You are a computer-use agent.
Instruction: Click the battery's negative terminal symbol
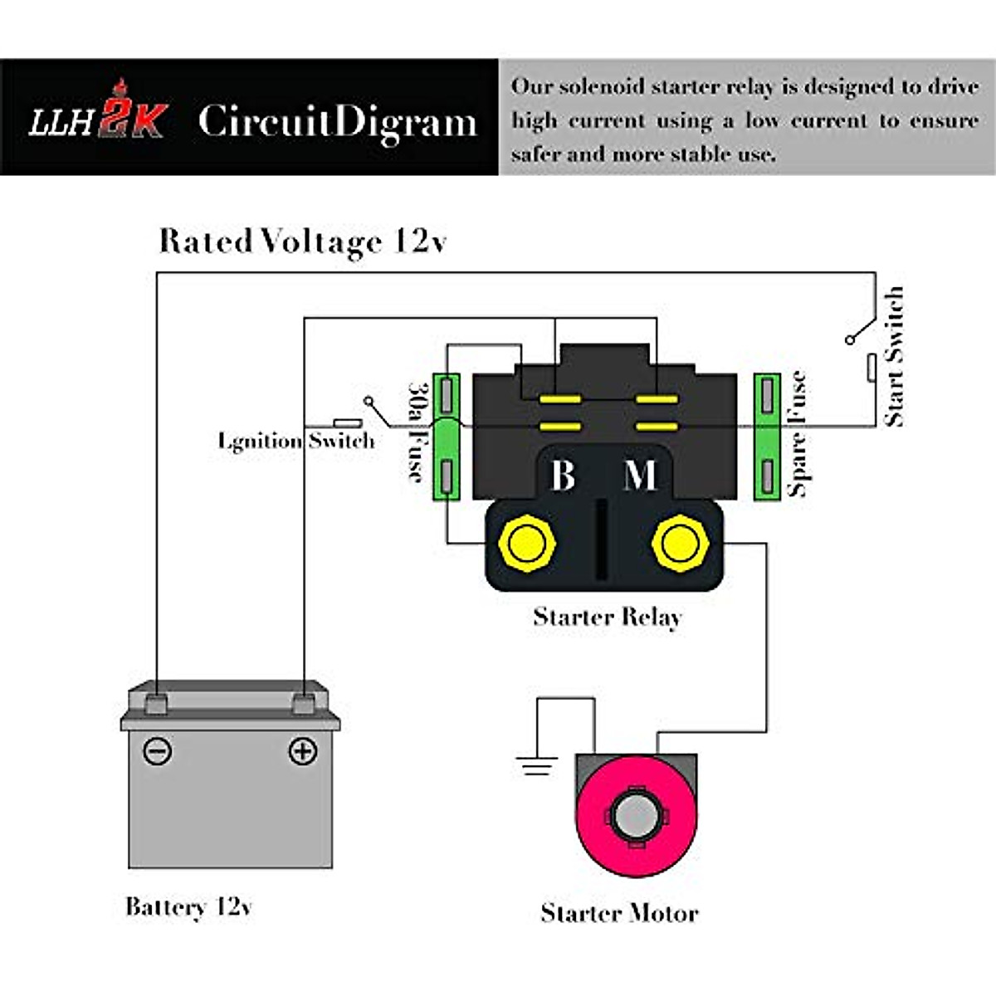(x=157, y=751)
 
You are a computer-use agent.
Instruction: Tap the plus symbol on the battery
(x=302, y=751)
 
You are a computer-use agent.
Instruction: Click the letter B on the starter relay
(x=563, y=476)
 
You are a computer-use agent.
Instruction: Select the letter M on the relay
(x=640, y=476)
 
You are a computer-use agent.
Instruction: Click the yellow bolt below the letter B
(x=526, y=544)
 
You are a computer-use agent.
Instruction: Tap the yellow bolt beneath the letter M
(x=681, y=544)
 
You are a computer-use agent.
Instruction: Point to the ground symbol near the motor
(x=536, y=765)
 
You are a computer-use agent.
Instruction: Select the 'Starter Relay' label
(x=608, y=617)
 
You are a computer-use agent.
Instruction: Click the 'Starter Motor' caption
(x=619, y=913)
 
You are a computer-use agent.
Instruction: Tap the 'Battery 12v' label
(x=188, y=906)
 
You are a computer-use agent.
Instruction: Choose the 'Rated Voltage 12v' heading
(x=303, y=242)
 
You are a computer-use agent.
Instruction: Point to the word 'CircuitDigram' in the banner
(x=338, y=121)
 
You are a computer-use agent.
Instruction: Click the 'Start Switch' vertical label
(x=894, y=357)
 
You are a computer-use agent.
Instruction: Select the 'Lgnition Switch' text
(x=296, y=440)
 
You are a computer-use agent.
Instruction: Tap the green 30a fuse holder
(x=447, y=437)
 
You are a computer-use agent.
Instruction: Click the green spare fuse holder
(x=767, y=437)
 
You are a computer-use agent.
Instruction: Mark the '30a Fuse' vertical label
(x=417, y=432)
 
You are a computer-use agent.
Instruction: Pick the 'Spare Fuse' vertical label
(x=797, y=434)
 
